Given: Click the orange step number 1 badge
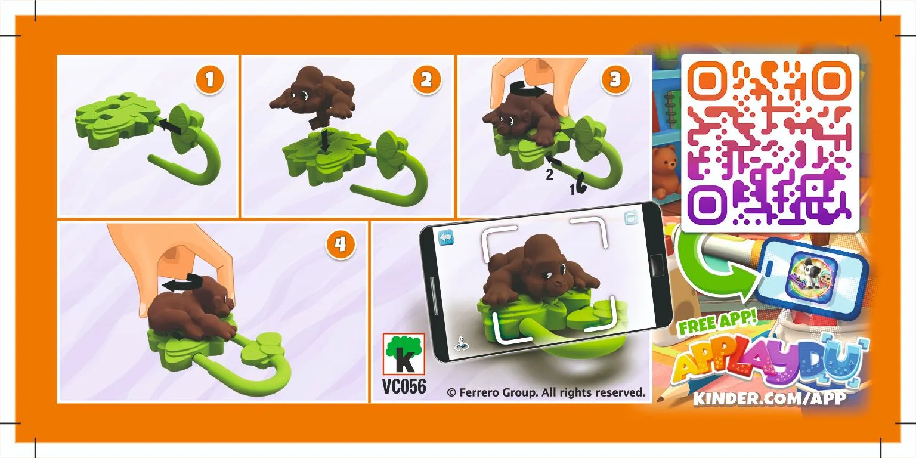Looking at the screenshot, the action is [x=209, y=79].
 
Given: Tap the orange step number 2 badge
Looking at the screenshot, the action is [x=426, y=79].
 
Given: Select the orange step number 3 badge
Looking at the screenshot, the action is [x=615, y=79].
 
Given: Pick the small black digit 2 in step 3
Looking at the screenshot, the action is [x=549, y=175].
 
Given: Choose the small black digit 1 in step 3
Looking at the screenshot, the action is [x=572, y=189].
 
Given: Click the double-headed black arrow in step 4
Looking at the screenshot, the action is [x=182, y=283].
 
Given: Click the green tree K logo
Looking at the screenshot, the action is [x=404, y=354].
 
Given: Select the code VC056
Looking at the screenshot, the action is [x=404, y=386].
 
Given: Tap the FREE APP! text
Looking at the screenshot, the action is [x=717, y=323].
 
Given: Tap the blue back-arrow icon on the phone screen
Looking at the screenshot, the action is [x=445, y=237].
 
